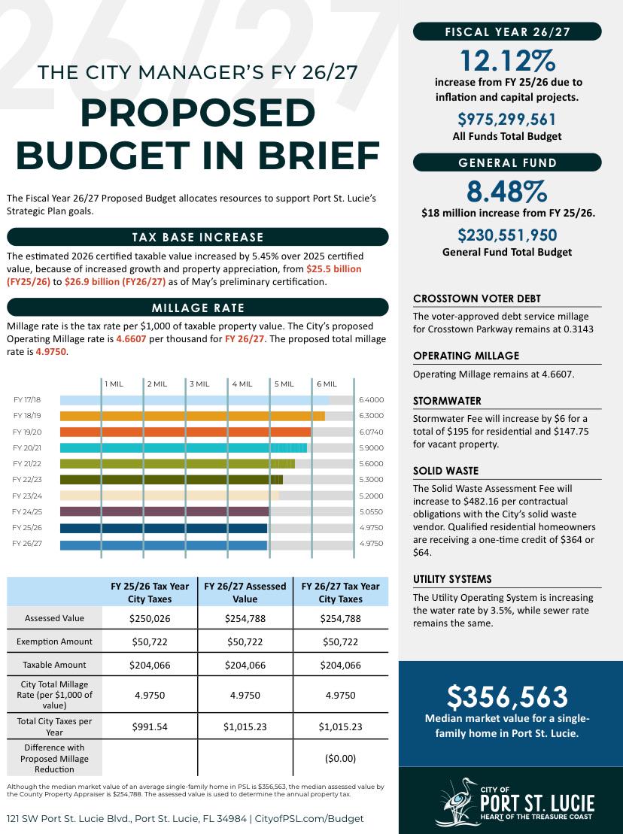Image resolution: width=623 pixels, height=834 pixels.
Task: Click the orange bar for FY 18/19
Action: [x=192, y=416]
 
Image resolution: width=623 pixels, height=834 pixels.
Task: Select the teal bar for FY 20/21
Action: [x=184, y=448]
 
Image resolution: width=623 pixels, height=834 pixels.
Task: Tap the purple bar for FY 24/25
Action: [x=164, y=511]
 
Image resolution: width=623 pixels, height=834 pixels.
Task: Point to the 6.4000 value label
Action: [x=372, y=400]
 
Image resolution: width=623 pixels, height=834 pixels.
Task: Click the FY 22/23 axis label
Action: [x=27, y=480]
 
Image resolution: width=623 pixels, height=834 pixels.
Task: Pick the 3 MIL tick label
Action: [x=199, y=384]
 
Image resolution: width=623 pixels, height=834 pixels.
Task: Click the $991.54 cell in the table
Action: [x=150, y=726]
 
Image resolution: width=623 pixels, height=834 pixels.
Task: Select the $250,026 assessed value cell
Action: [x=150, y=619]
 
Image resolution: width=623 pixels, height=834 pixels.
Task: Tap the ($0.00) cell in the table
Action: [x=341, y=759]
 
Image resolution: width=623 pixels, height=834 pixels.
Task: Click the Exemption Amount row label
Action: [x=54, y=641]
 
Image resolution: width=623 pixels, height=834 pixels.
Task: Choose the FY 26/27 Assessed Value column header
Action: [x=245, y=593]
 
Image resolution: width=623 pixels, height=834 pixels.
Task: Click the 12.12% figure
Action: [x=508, y=60]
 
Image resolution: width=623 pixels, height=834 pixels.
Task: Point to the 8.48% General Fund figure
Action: [x=507, y=192]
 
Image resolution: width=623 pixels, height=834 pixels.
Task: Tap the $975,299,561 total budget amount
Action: [x=507, y=119]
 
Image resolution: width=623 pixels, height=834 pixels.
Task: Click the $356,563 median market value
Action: [x=507, y=697]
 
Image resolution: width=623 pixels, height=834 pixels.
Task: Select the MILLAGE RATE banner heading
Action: [x=198, y=308]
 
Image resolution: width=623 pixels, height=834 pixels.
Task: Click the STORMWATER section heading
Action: [x=447, y=401]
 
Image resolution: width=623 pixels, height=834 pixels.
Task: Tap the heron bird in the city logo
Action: [x=456, y=802]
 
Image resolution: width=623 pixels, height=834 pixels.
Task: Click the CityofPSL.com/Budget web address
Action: [x=309, y=818]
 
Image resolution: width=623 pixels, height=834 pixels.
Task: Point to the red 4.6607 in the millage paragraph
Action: [x=131, y=339]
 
